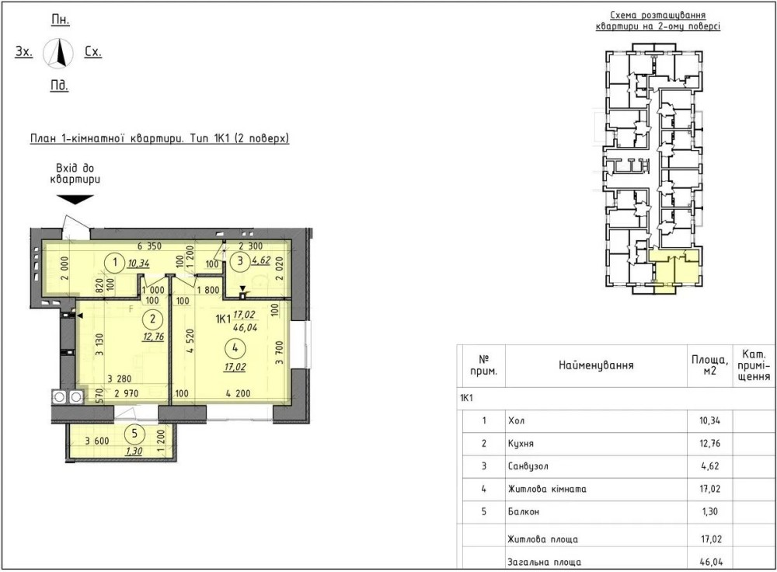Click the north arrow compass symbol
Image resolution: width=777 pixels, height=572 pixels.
[58, 53]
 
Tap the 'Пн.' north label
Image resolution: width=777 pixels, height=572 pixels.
[61, 20]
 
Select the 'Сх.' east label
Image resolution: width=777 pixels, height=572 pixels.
[93, 51]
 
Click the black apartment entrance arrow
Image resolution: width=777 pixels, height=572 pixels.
[75, 199]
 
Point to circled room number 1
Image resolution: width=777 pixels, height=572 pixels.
[115, 261]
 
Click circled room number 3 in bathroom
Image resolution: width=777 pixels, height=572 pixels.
[240, 260]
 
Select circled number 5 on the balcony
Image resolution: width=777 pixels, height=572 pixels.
[134, 434]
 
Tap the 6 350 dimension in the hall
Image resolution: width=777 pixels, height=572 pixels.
[150, 246]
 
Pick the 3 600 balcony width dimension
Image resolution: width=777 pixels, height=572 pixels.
[97, 441]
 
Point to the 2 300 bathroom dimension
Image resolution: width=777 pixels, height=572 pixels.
[251, 246]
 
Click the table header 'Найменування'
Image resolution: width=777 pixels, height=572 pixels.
[596, 366]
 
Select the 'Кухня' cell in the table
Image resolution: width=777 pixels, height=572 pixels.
[521, 444]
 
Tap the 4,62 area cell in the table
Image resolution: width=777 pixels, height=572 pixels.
[710, 466]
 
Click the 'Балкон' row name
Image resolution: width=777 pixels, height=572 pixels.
[523, 511]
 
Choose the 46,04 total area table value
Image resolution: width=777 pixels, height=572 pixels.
[712, 562]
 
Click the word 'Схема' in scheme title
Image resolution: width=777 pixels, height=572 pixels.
[623, 16]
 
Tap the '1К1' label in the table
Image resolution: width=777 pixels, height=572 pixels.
[466, 398]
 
